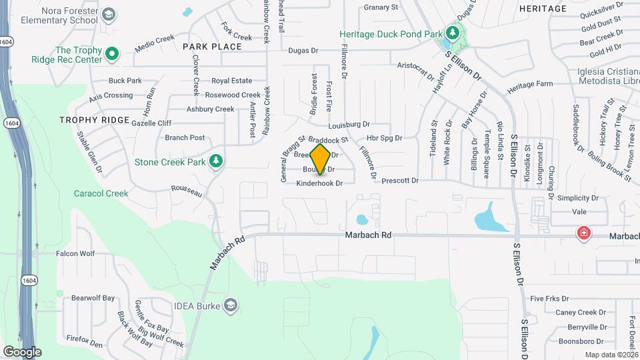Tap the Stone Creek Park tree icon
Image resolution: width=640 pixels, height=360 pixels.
click(x=215, y=161)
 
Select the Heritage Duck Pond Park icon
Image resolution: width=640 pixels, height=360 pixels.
click(x=453, y=33)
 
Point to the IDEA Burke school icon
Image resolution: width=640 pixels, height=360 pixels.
click(x=231, y=305)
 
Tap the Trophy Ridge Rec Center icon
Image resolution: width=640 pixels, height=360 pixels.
click(x=112, y=53)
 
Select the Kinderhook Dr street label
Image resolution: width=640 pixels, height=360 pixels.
click(x=319, y=183)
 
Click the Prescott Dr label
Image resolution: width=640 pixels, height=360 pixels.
click(x=400, y=180)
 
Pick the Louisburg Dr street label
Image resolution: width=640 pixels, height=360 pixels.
click(x=349, y=125)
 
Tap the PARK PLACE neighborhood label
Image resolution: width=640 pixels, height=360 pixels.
click(x=206, y=47)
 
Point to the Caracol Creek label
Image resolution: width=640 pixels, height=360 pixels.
click(x=101, y=193)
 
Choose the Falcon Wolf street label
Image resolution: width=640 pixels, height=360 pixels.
click(x=75, y=253)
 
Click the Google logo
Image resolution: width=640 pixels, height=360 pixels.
click(x=22, y=351)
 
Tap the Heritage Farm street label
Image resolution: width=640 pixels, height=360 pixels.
click(x=530, y=85)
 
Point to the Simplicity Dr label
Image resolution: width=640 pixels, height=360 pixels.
click(x=578, y=198)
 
